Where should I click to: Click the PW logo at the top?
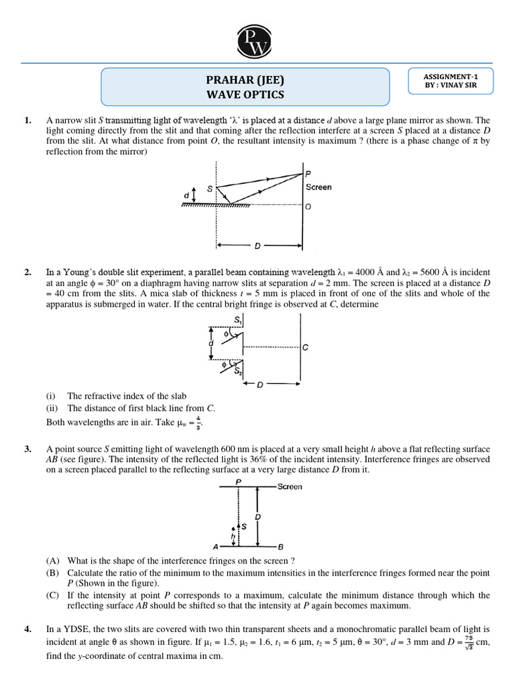(258, 39)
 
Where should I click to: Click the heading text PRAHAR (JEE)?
(245, 80)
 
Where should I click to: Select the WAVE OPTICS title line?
(245, 95)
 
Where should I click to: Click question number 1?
(27, 120)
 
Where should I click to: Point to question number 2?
(27, 272)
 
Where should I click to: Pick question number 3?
(27, 449)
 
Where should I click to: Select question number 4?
(27, 629)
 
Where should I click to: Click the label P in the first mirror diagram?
(308, 174)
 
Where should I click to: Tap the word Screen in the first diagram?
(319, 187)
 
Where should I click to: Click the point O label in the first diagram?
(308, 207)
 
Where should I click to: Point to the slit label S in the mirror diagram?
(210, 190)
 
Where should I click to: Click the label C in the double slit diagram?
(305, 348)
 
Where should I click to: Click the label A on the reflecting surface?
(215, 546)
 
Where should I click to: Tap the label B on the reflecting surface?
(280, 546)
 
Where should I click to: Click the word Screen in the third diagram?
(290, 486)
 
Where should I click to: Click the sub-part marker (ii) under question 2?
(52, 408)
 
